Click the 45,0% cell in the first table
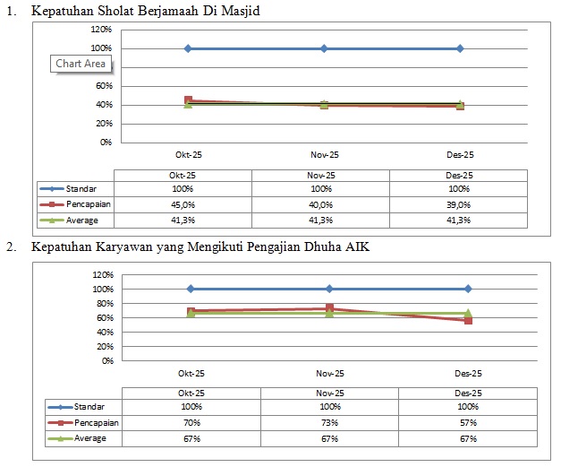click(183, 204)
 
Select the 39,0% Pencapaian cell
click(458, 204)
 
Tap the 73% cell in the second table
click(329, 422)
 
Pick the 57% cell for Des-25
click(468, 422)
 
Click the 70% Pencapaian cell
click(191, 422)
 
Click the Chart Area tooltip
click(81, 64)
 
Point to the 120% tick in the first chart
click(101, 30)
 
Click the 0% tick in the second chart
click(106, 360)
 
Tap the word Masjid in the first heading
click(237, 12)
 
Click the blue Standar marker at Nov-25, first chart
click(324, 48)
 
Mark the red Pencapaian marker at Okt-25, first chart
click(188, 100)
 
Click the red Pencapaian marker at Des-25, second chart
click(468, 320)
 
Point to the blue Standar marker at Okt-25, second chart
click(191, 289)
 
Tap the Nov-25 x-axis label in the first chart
click(324, 154)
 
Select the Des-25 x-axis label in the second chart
click(468, 373)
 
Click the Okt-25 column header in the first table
click(183, 175)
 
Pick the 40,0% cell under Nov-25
click(320, 204)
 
